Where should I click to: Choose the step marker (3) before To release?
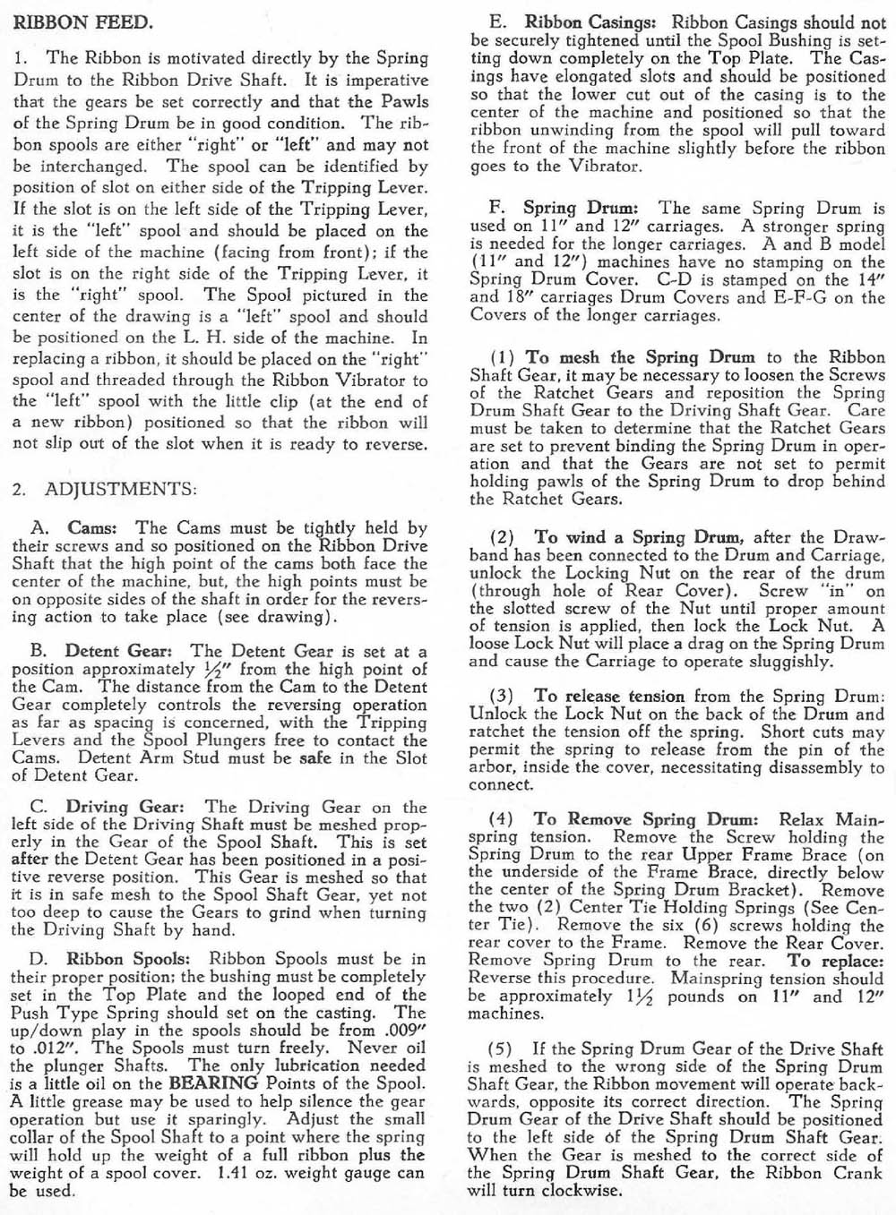coord(503,696)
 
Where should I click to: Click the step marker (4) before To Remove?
coord(503,819)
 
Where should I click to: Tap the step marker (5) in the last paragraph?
coord(503,1048)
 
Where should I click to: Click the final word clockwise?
coord(581,1190)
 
